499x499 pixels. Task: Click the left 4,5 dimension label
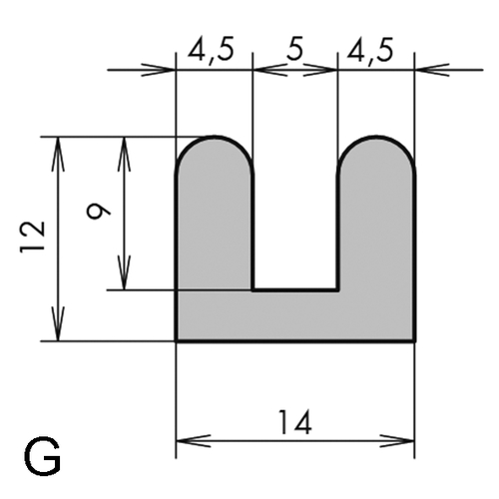(211, 50)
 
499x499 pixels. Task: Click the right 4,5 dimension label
(369, 50)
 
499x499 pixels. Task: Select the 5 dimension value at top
(294, 50)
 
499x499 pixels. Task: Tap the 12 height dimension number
(33, 237)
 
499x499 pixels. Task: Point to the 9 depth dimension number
(98, 211)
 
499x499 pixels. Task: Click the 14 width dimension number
(295, 422)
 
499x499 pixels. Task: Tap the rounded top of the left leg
(215, 137)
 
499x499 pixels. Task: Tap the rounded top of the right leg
(376, 137)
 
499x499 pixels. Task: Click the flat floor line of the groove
(295, 290)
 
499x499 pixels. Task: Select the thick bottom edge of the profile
(295, 341)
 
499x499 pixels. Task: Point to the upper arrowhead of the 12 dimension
(58, 154)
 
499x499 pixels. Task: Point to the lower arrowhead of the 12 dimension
(58, 323)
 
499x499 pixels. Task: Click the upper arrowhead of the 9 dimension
(124, 154)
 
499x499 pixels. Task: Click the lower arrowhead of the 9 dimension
(124, 272)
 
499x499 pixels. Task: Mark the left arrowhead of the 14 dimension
(194, 441)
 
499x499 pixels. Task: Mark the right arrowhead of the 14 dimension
(397, 441)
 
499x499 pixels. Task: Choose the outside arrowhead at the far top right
(433, 70)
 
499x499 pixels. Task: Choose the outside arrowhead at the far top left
(158, 70)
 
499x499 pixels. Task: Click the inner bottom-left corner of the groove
(253, 290)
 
